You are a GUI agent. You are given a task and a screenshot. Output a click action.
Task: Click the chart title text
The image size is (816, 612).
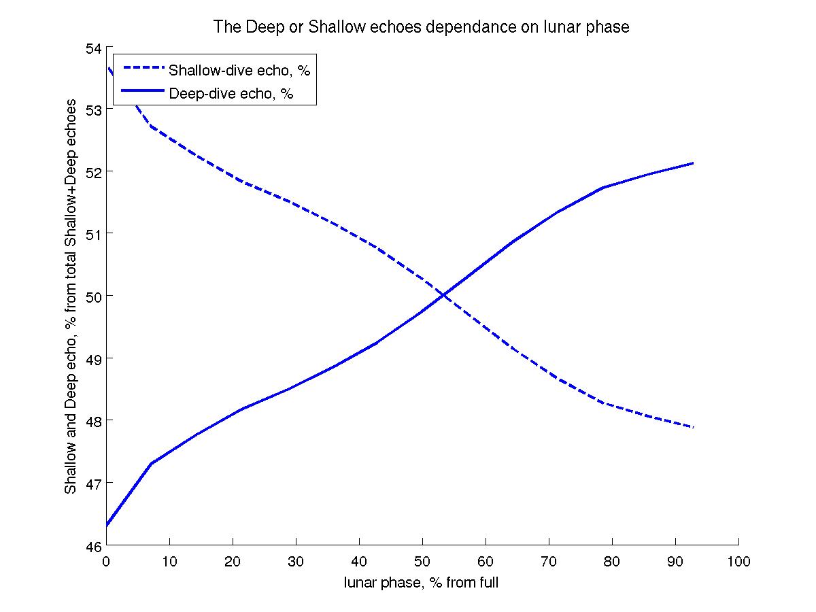tap(422, 27)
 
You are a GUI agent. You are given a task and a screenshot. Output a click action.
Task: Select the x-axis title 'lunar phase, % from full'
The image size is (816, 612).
tap(422, 582)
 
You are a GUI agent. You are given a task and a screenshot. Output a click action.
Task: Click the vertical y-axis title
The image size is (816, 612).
tap(71, 297)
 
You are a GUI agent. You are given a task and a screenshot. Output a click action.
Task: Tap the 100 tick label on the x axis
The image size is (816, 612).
tap(738, 562)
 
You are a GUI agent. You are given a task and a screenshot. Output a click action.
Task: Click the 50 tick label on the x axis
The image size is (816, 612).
tap(422, 562)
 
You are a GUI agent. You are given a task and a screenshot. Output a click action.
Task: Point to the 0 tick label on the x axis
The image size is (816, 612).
tap(107, 562)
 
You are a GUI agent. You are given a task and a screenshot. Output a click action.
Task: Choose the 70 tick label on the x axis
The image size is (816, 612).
tap(549, 562)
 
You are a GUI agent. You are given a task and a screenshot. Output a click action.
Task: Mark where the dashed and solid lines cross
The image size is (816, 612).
tap(443, 294)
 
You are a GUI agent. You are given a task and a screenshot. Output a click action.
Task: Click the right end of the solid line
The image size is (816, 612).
tap(693, 163)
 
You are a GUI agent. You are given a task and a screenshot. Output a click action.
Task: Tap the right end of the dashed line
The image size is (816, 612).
tap(693, 427)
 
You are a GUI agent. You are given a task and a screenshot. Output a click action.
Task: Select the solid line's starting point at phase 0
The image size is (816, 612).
tap(107, 526)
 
